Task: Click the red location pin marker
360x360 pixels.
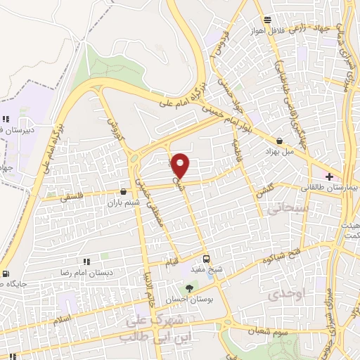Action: [181, 165]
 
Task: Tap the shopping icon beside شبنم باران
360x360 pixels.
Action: [124, 191]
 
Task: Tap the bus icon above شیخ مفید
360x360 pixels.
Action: [206, 258]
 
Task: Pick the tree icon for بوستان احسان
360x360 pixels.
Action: [188, 288]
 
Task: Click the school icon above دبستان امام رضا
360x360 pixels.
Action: [86, 262]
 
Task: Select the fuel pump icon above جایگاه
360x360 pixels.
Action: [6, 274]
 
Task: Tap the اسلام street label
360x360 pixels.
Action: [62, 320]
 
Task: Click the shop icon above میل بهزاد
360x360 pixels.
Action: [280, 141]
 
